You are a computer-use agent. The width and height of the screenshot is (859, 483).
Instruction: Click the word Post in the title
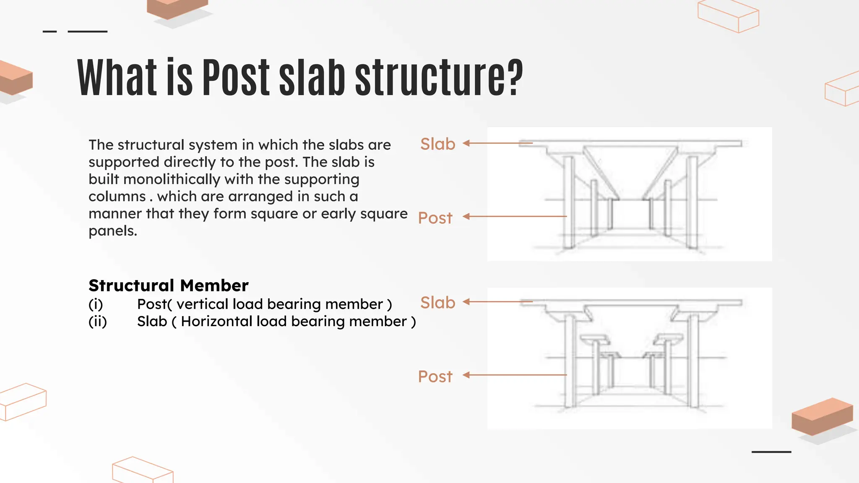coord(236,78)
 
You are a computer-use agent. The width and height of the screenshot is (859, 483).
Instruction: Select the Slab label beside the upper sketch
coord(437,144)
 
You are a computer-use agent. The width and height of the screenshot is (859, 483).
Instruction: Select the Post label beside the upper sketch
coord(435,218)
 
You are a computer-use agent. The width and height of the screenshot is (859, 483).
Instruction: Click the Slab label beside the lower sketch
coord(437,302)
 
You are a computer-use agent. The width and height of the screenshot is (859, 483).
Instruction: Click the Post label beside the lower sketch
coord(435,377)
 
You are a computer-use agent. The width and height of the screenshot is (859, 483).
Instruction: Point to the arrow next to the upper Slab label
coord(497,143)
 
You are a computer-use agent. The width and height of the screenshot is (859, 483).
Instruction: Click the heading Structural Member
coord(168,286)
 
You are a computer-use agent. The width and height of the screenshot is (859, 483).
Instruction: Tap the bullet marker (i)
coord(96,304)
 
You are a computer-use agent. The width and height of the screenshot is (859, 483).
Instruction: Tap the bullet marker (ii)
coord(98,322)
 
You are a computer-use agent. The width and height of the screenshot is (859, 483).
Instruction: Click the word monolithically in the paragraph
coord(172,179)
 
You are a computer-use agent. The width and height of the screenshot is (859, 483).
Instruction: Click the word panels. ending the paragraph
coord(113,231)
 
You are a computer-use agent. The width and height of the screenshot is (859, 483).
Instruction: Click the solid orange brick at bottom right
coord(822,416)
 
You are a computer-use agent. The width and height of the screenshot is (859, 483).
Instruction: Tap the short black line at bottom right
coord(771,452)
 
